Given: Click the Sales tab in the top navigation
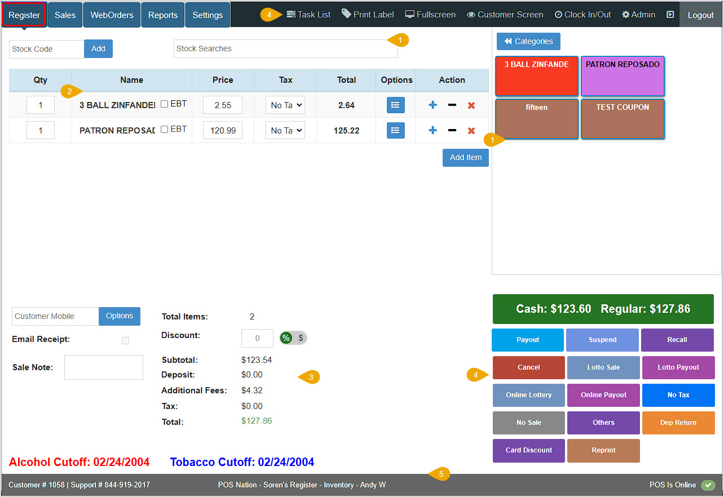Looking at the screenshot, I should point(65,15).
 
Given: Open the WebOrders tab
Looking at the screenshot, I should point(112,15).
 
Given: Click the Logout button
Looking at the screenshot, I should point(700,15).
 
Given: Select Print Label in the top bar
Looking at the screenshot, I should point(368,15).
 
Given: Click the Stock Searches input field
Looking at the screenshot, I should point(285,48).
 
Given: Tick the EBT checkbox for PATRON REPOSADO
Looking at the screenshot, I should point(165,130).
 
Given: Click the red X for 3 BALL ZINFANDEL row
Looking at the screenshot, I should point(471,105).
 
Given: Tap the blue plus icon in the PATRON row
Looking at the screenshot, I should point(432,130).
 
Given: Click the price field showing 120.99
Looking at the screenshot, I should point(222,130).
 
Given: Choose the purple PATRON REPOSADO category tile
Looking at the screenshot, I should point(623,76).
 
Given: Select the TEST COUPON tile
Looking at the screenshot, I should point(623,118).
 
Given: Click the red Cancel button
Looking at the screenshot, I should point(528,367).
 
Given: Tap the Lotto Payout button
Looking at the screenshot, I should point(678,367).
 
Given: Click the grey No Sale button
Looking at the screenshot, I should point(528,423).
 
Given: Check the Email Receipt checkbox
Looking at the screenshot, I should point(125,340).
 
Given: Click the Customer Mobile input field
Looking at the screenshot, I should point(55,316).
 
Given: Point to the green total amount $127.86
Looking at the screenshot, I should point(257,421).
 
